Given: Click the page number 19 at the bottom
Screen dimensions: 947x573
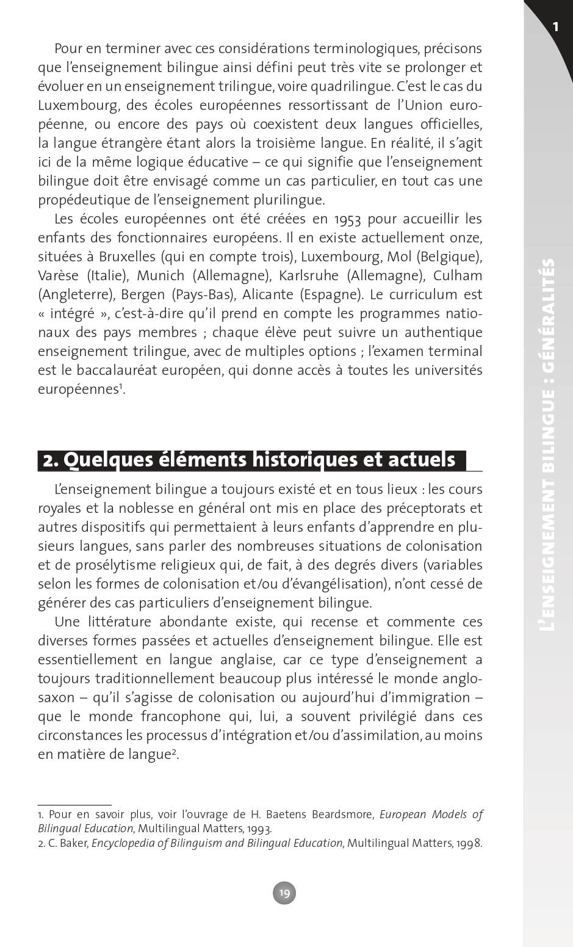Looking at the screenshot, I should coord(284,893).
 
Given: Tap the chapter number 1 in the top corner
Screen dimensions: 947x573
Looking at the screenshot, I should coord(555,26).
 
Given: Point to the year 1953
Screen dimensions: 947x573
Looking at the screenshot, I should coord(348,219).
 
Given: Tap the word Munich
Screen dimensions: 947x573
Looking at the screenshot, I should coord(160,275).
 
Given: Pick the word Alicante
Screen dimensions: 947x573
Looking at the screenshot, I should coord(268,294).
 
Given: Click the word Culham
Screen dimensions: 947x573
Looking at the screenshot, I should coord(458,275).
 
